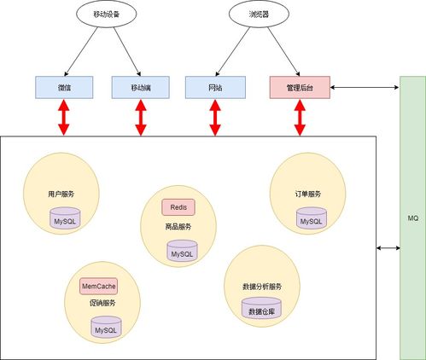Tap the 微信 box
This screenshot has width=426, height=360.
click(64, 86)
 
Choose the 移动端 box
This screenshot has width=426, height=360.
click(141, 86)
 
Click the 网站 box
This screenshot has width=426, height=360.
click(215, 86)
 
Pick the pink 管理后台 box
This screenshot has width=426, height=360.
click(299, 86)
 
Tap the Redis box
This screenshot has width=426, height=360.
click(178, 207)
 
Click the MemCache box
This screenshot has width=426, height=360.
click(99, 286)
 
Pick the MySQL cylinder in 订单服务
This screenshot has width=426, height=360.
click(311, 220)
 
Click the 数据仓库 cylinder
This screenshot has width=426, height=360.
click(261, 311)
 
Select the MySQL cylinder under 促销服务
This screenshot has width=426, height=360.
click(106, 328)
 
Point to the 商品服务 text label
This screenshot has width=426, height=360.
click(178, 227)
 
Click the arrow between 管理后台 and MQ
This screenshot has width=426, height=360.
click(365, 86)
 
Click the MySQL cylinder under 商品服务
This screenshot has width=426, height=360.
click(182, 252)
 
